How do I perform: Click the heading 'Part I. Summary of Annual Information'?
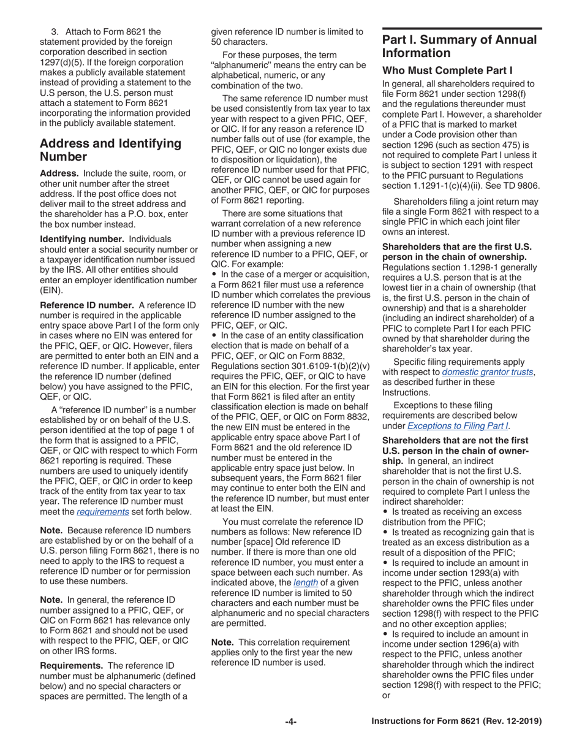pyautogui.click(x=459, y=47)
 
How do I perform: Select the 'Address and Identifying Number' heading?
pyautogui.click(x=110, y=150)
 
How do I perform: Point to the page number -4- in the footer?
pyautogui.click(x=290, y=722)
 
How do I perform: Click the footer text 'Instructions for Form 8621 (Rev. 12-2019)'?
pyautogui.click(x=456, y=722)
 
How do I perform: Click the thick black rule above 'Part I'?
pyautogui.click(x=462, y=29)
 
